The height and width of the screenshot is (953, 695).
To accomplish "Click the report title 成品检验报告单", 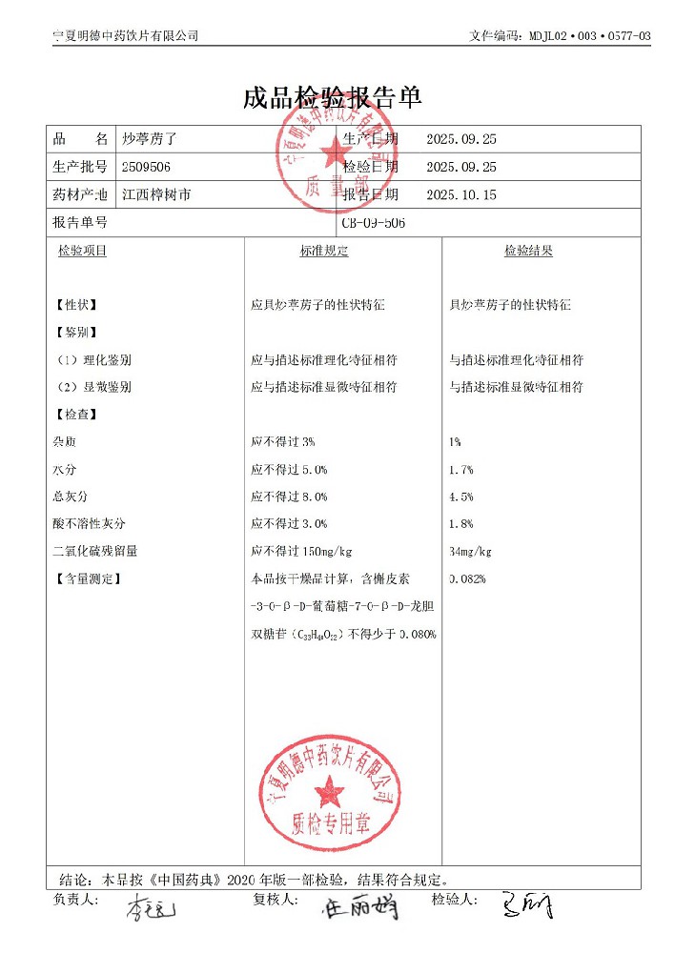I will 332,97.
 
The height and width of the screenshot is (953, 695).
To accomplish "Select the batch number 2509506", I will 147,167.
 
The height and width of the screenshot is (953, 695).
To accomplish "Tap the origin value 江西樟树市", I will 156,194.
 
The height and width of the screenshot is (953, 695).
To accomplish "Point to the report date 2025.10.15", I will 462,194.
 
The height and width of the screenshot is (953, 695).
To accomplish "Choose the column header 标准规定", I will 324,252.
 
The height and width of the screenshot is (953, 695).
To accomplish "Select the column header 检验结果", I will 528,252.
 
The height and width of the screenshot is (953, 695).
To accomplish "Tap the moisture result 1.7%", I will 461,470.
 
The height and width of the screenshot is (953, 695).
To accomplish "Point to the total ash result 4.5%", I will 461,497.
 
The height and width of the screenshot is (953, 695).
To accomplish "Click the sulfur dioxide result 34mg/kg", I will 470,551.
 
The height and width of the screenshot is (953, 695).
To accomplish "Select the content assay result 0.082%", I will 467,578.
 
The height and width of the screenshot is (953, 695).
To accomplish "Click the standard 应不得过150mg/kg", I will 302,551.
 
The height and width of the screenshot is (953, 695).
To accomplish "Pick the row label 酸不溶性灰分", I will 90,523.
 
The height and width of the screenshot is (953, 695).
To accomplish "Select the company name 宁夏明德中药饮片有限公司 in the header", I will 126,36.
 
